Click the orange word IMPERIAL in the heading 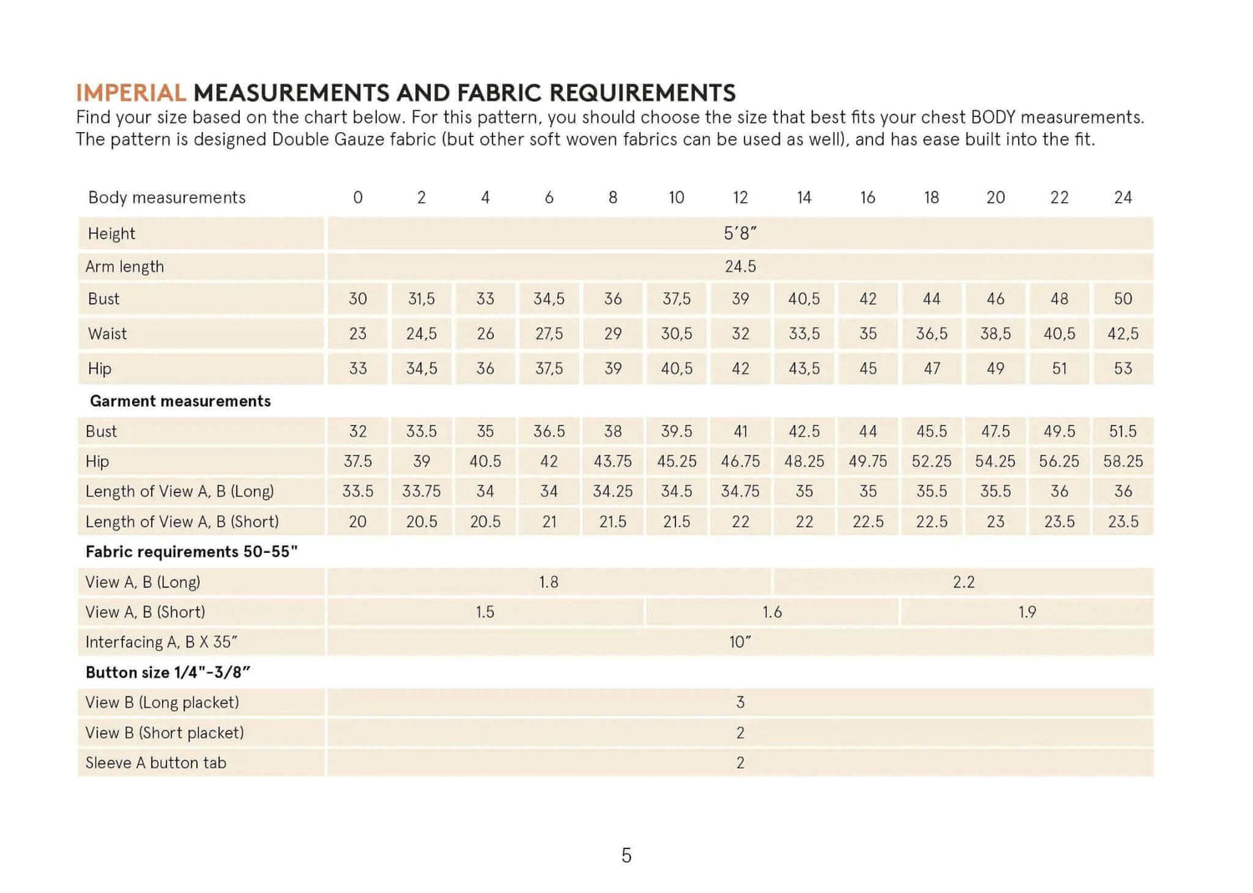[130, 93]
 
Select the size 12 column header [740, 198]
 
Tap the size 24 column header [1123, 198]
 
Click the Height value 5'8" [740, 234]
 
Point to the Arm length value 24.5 [740, 266]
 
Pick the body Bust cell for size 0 [358, 299]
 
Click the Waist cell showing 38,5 [995, 334]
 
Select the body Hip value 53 [1123, 368]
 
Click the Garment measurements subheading [180, 401]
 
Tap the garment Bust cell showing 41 [740, 432]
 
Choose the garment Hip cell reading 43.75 [612, 461]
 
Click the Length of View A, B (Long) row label [180, 491]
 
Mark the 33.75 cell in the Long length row [421, 491]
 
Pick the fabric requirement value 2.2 [963, 582]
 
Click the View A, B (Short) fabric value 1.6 [772, 612]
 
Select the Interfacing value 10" [740, 642]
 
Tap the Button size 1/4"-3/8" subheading [168, 672]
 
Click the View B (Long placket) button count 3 [740, 703]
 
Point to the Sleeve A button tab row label [155, 763]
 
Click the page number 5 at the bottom [626, 855]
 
